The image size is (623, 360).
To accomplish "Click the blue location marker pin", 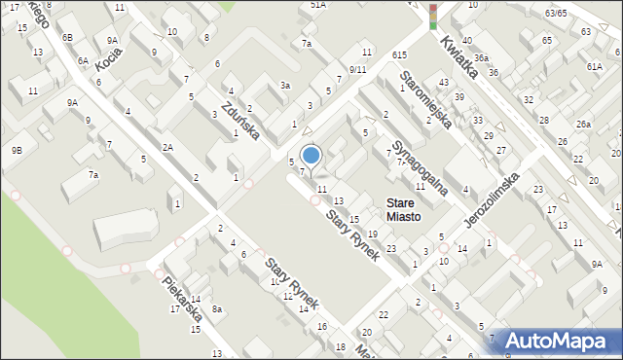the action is (x=311, y=156).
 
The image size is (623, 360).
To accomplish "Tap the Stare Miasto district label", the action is (x=403, y=210).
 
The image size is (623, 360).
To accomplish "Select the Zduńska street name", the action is (x=238, y=121).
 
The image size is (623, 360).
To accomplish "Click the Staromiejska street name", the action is (x=426, y=102).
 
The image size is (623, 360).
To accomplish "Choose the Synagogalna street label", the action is (x=419, y=167).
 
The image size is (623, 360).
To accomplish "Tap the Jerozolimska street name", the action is (x=492, y=203).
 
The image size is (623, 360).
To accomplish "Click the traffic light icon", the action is (x=433, y=17).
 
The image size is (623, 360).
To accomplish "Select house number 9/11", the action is (x=357, y=70).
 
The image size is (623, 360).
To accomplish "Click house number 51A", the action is (x=317, y=5).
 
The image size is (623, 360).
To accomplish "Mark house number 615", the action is (x=399, y=55).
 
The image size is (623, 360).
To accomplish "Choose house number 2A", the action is (x=167, y=147).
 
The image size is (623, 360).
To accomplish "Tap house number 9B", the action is (x=17, y=150).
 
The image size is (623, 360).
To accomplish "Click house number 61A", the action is (x=594, y=65).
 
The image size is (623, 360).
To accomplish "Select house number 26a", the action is (x=583, y=125).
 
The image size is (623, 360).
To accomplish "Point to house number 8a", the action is (x=218, y=309).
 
